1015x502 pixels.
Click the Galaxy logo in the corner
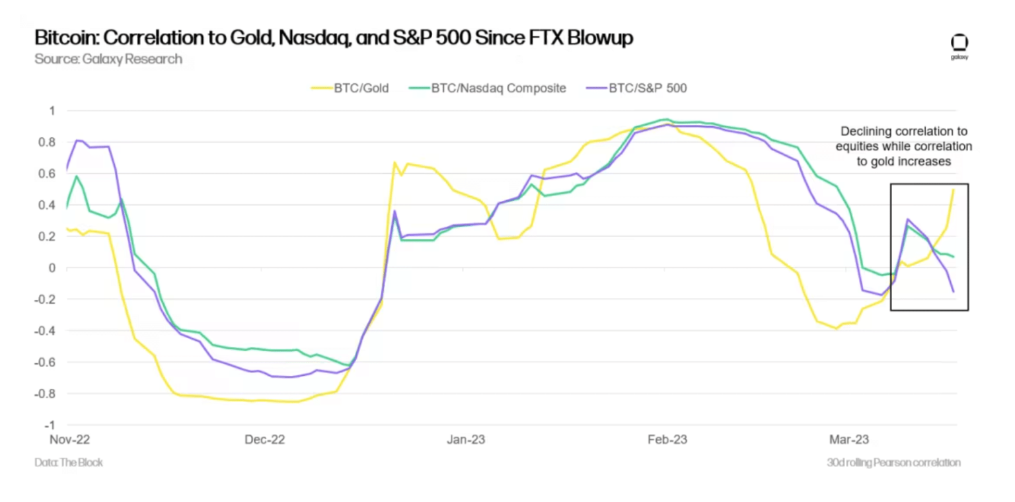coord(959,47)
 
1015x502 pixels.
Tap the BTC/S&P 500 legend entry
coord(645,88)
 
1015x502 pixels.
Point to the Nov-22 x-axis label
coord(70,439)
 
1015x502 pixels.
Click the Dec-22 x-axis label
coord(264,439)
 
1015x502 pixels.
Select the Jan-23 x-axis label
coord(466,439)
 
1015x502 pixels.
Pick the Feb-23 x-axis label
coord(667,439)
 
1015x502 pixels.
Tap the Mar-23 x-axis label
coord(849,439)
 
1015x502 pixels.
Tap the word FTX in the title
coord(529,38)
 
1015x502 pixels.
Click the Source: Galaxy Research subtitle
coord(108,59)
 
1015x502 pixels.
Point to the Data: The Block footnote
coord(69,462)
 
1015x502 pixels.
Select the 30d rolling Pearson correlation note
coord(893,462)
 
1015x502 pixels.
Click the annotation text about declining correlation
coord(904,146)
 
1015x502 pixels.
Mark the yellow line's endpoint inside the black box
coord(954,190)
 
